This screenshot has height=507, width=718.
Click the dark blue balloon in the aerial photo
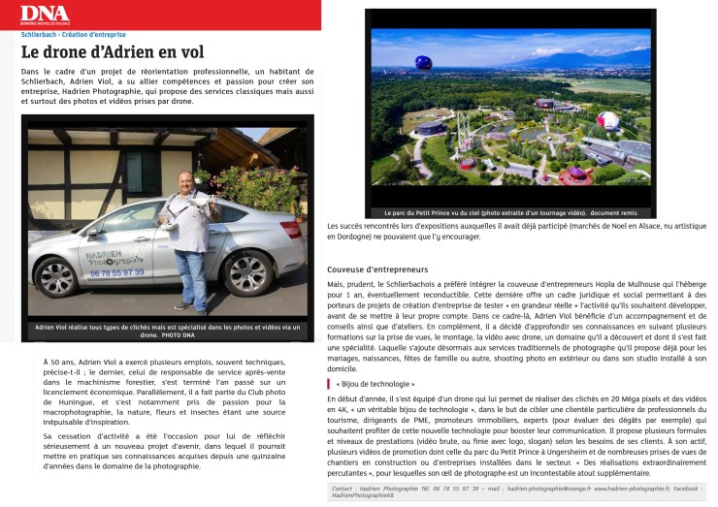423,63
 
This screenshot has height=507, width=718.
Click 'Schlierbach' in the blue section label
41,34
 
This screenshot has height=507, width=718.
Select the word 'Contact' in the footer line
342,490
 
